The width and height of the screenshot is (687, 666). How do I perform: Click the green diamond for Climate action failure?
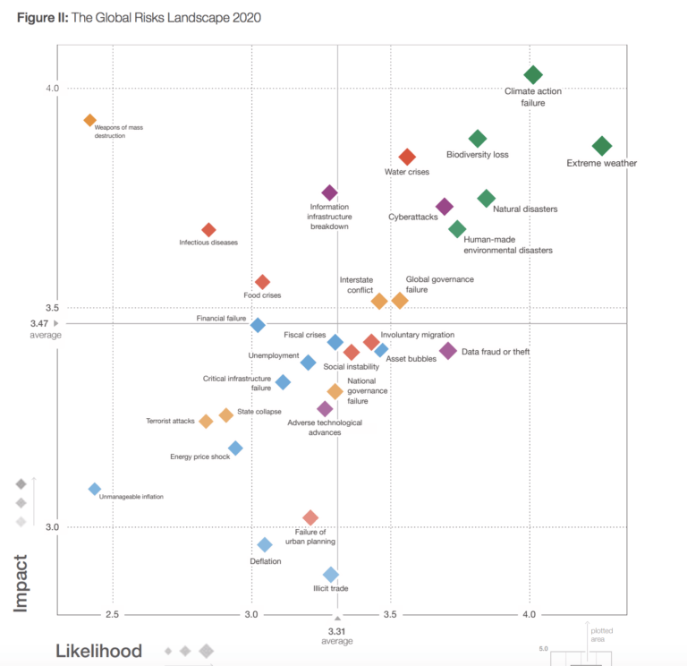533,74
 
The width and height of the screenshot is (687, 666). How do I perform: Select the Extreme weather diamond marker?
602,146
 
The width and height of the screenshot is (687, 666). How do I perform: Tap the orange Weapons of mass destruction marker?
89,120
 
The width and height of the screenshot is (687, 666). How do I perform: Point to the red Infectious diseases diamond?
208,230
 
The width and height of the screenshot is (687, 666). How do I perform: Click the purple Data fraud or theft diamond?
448,351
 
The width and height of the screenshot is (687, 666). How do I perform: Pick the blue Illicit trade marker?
331,575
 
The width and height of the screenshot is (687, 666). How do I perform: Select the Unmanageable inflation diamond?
94,489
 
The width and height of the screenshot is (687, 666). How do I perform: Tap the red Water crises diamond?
407,157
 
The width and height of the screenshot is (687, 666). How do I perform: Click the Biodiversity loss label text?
477,155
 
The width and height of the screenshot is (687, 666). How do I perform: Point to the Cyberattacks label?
412,217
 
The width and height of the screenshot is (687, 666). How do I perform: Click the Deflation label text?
266,561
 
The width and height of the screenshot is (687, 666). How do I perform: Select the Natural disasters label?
525,209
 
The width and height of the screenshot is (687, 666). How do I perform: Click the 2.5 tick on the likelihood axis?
113,614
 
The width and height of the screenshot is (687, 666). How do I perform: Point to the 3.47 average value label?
38,323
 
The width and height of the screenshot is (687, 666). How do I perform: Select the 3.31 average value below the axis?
337,631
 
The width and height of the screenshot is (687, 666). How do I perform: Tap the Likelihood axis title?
99,652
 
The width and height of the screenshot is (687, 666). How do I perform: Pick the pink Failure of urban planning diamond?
310,517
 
